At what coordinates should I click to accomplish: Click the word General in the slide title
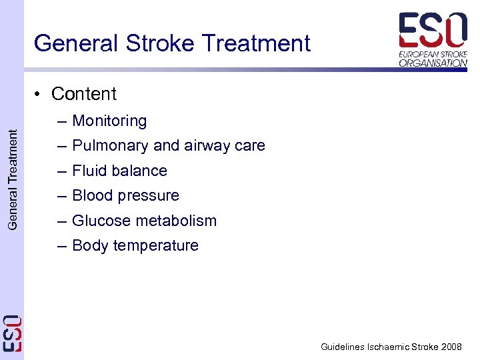point(74,43)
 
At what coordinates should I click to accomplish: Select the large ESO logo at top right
point(433,29)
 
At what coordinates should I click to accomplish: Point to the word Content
point(84,94)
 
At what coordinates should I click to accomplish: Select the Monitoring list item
point(109,121)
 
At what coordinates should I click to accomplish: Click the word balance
point(140,171)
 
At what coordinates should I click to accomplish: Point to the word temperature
point(156,246)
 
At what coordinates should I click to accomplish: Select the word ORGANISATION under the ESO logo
point(433,63)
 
